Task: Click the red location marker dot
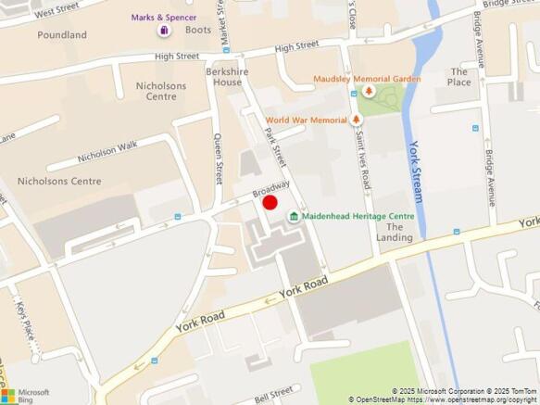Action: [x=270, y=202]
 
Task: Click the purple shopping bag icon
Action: [x=164, y=30]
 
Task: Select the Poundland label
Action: [x=62, y=35]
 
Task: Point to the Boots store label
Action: [x=198, y=30]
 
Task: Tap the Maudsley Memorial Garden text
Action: [x=368, y=79]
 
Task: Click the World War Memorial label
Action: [x=306, y=120]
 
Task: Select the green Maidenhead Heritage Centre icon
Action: [x=294, y=217]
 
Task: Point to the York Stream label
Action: [x=417, y=172]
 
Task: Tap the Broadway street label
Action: [x=271, y=189]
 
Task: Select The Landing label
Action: [x=394, y=232]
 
